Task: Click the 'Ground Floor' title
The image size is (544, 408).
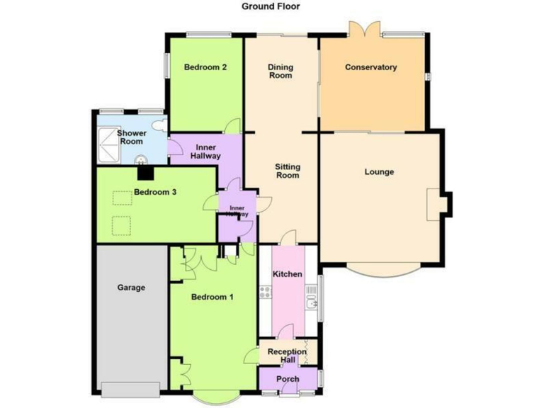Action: pos(271,6)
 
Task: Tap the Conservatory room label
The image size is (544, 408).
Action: pos(370,68)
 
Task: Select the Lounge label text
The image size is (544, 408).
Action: pos(379,172)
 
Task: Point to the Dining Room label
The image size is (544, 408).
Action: pos(280,72)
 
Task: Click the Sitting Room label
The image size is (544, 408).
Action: pos(288,171)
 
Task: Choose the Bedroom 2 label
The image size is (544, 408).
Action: pos(205,68)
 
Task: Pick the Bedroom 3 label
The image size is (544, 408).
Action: pos(155,192)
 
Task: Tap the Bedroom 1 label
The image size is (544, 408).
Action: pos(212,297)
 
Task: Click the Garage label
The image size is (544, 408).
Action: pos(132,288)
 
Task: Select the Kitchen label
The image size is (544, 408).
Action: pos(288,274)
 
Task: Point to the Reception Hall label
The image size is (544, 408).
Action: pos(288,356)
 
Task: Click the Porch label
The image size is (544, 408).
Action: pos(288,378)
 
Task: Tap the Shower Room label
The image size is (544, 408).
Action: pos(132,137)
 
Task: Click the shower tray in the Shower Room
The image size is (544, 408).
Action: pos(110,145)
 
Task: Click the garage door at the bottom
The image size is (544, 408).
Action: pos(132,389)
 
